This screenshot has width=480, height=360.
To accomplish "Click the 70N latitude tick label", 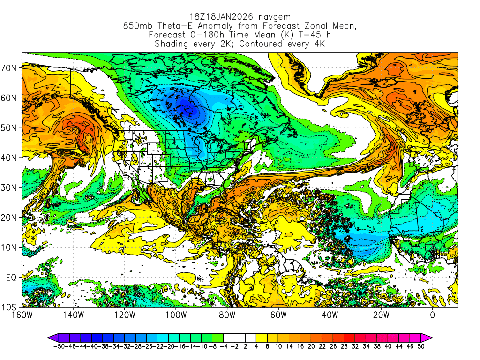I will click(x=10, y=68).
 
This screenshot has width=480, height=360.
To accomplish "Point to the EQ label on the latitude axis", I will click(x=11, y=277).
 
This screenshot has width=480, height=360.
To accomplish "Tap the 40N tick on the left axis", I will click(x=10, y=158).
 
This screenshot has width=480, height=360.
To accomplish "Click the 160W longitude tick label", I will click(x=22, y=315).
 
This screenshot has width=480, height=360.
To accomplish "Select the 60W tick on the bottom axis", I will click(x=278, y=315).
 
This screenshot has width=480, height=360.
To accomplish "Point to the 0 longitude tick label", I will click(x=432, y=315).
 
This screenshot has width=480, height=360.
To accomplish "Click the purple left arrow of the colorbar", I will click(x=52, y=337).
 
